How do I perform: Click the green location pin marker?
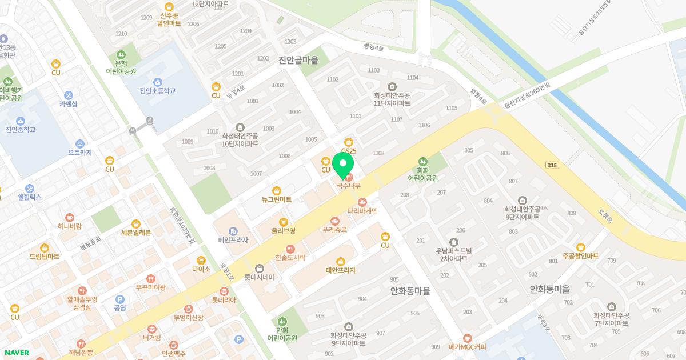[x=343, y=166]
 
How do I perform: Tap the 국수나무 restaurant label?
[x=348, y=185]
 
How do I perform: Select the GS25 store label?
[x=349, y=151]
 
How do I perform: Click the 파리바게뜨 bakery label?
[x=362, y=210]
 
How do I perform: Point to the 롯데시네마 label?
[x=260, y=277]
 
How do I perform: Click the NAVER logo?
[x=16, y=353]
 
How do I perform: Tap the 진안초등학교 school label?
[x=157, y=90]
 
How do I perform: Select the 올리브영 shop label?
[x=283, y=230]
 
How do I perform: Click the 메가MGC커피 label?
[x=467, y=346]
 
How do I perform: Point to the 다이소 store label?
[x=201, y=269]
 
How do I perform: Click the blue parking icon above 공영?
[x=120, y=299]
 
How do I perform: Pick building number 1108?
[x=378, y=153]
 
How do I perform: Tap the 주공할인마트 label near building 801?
[x=580, y=255]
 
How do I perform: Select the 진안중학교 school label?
[x=21, y=129]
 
